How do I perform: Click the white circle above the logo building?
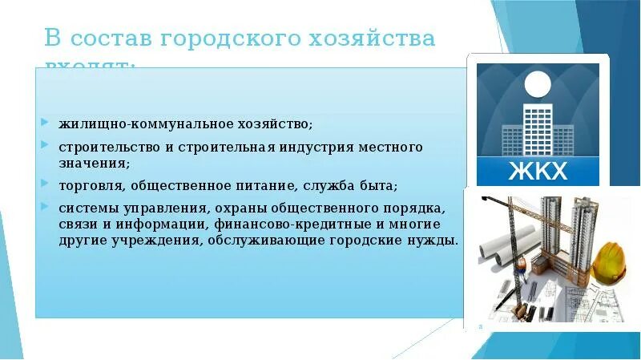coord(538,84)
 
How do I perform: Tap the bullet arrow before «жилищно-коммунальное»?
coord(45,124)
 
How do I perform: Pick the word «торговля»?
coord(87,186)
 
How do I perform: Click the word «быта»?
coord(375,186)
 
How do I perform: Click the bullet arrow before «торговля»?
coord(45,186)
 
